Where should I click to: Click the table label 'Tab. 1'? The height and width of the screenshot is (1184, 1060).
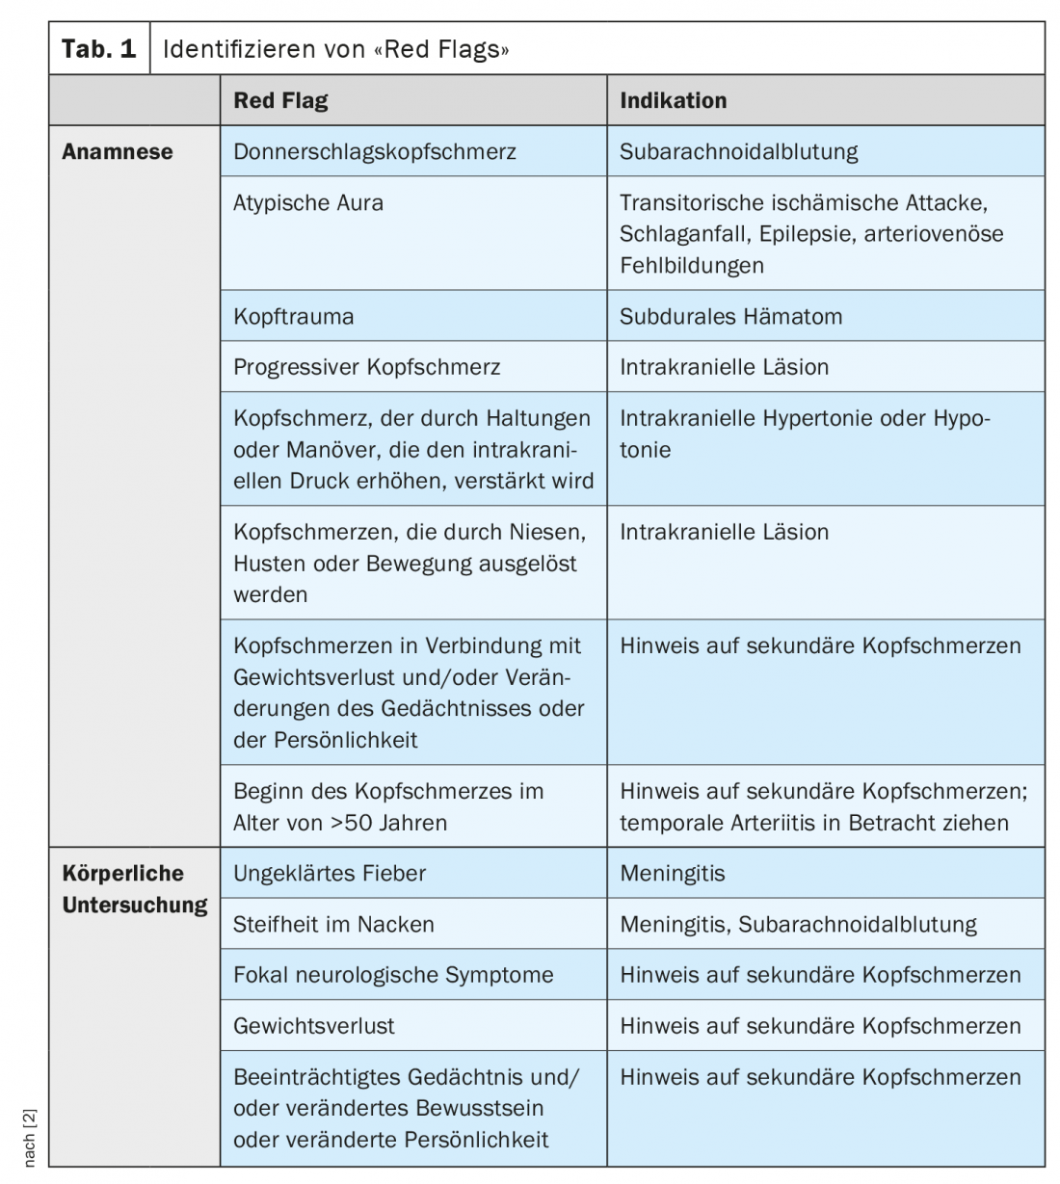coord(99,48)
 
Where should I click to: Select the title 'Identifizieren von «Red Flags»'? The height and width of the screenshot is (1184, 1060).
coord(335,48)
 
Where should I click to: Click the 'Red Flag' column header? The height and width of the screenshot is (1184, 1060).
coord(280,100)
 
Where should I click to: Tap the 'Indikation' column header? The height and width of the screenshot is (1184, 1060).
coord(673,100)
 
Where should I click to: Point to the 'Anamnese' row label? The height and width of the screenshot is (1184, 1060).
coord(118,151)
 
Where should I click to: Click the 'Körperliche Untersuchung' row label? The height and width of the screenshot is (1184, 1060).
coord(135,888)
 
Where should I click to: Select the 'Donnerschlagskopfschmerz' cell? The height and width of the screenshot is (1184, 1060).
coord(375,151)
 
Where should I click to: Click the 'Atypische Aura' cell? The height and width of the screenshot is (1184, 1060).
coord(308,202)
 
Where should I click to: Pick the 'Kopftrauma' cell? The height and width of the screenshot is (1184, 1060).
coord(294,316)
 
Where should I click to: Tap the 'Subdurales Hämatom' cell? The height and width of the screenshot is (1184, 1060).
coord(730,316)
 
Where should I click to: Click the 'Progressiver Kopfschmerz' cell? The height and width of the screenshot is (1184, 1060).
coord(367,367)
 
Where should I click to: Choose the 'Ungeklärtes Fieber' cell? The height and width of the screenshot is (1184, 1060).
coord(330,874)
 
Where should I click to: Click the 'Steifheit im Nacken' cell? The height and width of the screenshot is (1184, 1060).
coord(333,925)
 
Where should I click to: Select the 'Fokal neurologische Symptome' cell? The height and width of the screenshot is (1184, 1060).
coord(393,975)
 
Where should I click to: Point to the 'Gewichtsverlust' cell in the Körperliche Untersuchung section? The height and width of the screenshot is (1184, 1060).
coord(314,1026)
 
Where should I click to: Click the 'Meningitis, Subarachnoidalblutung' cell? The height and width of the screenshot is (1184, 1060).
coord(798,925)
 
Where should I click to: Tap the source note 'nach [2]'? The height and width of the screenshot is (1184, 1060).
coord(29,1138)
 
